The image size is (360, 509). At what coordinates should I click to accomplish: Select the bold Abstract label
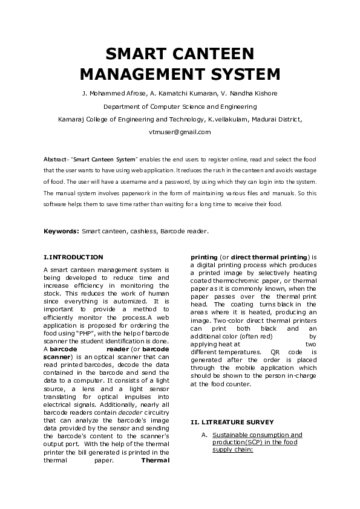pos(55,158)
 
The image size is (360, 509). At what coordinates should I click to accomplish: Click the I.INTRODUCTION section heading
pos(74,257)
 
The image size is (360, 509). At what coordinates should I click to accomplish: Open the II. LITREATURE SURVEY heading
pos(232,421)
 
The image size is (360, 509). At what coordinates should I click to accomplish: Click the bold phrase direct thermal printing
pos(269,257)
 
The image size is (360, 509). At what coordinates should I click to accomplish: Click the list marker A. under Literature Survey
pos(206,435)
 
